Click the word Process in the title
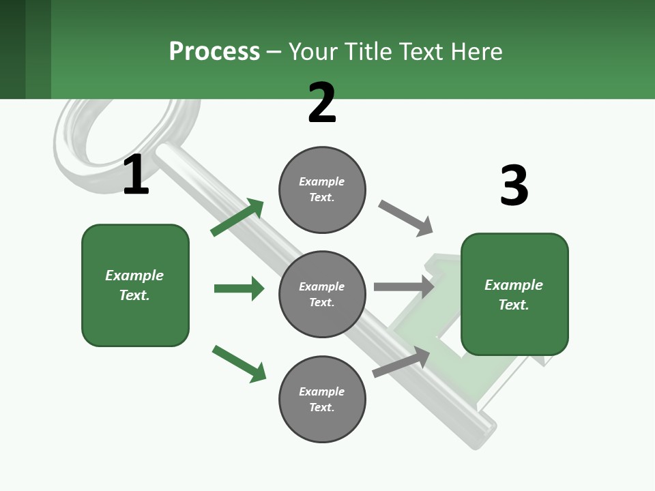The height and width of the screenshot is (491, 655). pyautogui.click(x=214, y=52)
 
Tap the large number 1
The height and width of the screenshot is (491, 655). pyautogui.click(x=136, y=175)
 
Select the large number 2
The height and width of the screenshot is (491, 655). pyautogui.click(x=322, y=103)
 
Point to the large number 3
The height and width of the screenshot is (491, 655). pyautogui.click(x=514, y=186)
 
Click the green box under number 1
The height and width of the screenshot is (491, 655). pyautogui.click(x=135, y=285)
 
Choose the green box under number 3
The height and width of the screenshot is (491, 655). pyautogui.click(x=514, y=295)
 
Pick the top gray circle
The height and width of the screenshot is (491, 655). pyautogui.click(x=322, y=190)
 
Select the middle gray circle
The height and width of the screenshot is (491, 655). pyautogui.click(x=322, y=294)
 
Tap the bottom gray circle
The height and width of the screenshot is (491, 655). pyautogui.click(x=322, y=399)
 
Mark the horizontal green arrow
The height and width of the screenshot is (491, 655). pyautogui.click(x=239, y=288)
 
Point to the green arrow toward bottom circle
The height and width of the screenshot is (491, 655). pyautogui.click(x=239, y=363)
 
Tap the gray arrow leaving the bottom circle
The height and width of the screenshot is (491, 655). pyautogui.click(x=401, y=361)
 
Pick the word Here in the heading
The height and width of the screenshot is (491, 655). pyautogui.click(x=476, y=52)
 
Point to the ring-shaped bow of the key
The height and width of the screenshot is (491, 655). pyautogui.click(x=102, y=136)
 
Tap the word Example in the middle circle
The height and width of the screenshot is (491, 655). pyautogui.click(x=321, y=286)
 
